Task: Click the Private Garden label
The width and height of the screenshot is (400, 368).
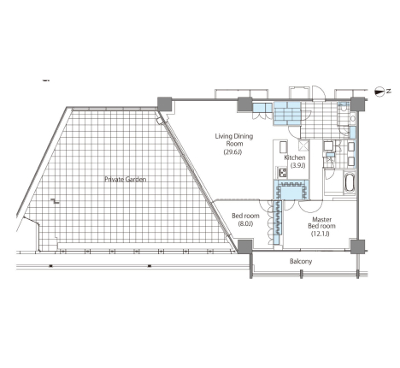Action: tap(126, 179)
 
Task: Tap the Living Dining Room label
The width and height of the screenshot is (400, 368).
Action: tap(234, 139)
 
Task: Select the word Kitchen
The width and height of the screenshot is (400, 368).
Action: tap(295, 157)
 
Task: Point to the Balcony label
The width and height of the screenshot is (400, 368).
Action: tap(301, 261)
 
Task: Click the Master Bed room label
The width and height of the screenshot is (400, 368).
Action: tap(321, 223)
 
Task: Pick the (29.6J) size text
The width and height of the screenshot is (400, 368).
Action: tap(232, 152)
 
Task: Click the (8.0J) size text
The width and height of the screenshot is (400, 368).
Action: tap(245, 224)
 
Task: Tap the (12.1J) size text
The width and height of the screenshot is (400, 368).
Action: tap(321, 234)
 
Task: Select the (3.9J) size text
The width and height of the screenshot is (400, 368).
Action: tap(297, 165)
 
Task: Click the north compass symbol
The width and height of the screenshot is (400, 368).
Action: tap(379, 92)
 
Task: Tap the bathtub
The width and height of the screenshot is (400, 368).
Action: tap(349, 183)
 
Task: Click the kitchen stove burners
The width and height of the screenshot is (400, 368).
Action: tap(282, 172)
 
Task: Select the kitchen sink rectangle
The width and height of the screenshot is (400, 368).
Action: tap(284, 148)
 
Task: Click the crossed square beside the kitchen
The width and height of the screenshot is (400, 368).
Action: tap(303, 145)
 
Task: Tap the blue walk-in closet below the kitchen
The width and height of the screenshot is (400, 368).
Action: tap(291, 190)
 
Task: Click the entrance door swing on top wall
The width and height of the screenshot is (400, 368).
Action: tap(318, 92)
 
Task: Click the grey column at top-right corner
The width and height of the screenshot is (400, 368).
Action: tap(357, 104)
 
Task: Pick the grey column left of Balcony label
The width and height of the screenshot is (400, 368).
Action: tap(244, 246)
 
